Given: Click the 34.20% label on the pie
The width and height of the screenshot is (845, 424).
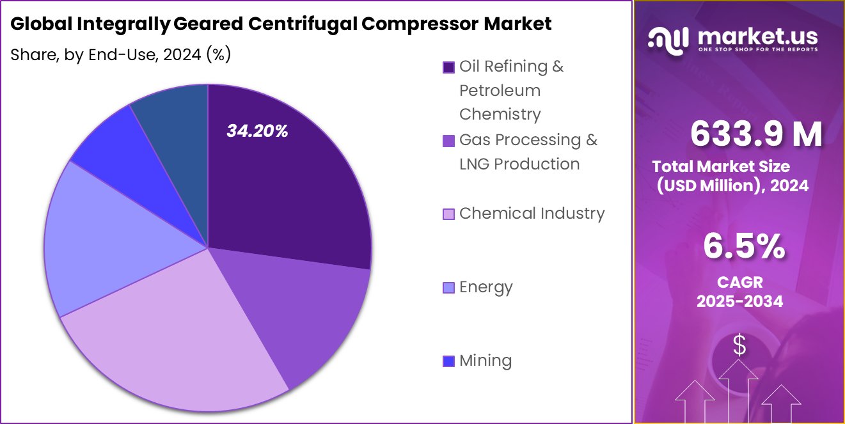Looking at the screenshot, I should (257, 131).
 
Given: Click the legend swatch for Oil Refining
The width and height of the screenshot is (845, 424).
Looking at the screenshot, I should (448, 67).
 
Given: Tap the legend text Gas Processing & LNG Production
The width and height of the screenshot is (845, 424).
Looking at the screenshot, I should (528, 152).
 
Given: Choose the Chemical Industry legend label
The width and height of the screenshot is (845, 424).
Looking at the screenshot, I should (532, 213).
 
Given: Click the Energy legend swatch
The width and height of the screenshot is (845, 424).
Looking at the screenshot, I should (448, 288).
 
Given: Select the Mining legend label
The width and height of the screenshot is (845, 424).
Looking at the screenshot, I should (486, 361).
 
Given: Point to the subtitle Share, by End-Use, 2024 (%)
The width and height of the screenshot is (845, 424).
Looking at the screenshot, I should (120, 55).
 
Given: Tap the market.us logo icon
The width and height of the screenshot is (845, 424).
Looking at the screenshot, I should (668, 38).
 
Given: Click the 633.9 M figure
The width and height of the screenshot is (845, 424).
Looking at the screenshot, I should (756, 134).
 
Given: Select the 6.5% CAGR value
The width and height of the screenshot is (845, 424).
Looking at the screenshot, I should (744, 247).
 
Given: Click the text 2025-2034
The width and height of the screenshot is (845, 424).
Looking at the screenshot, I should (739, 301).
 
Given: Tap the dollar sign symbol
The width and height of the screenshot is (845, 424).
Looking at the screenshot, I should (739, 346).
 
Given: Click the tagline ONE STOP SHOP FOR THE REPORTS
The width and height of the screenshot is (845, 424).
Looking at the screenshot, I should (757, 50).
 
